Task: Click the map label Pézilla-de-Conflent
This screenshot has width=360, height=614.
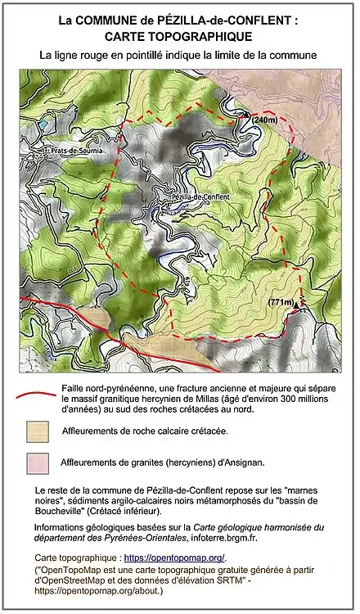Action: [x=200, y=197]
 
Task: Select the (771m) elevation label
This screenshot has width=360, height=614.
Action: [x=280, y=302]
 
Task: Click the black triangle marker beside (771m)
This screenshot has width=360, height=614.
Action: [x=298, y=304]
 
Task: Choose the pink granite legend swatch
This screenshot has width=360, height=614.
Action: [x=37, y=462]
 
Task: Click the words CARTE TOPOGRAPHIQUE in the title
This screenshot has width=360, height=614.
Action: [x=179, y=36]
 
